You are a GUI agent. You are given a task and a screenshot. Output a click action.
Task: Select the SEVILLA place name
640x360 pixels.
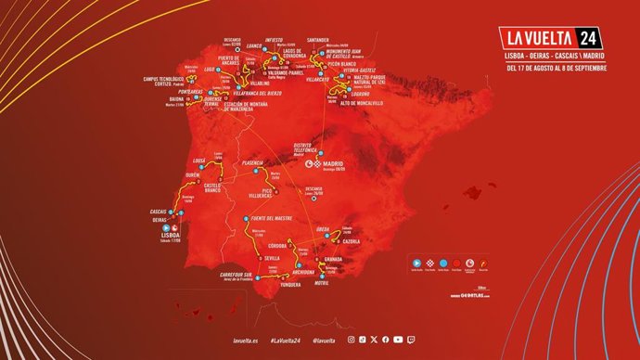273,257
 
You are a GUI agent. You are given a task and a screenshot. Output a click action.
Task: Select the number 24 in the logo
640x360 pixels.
585,38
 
